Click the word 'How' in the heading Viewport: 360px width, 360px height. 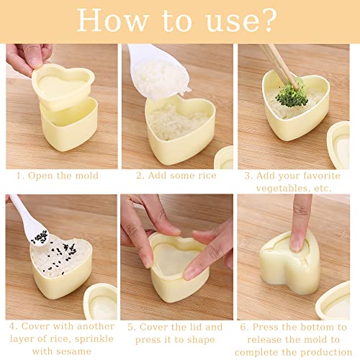[112, 20]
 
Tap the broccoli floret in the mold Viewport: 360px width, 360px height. [291, 94]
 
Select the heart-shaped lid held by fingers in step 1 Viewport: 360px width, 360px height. [63, 85]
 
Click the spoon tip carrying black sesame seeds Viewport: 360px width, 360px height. [40, 238]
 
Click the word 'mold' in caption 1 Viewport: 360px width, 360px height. [87, 176]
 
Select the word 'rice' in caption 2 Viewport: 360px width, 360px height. [207, 176]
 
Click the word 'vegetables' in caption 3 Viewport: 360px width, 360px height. [282, 189]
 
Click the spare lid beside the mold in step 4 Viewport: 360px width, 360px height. [101, 301]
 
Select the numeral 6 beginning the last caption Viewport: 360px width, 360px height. [243, 327]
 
